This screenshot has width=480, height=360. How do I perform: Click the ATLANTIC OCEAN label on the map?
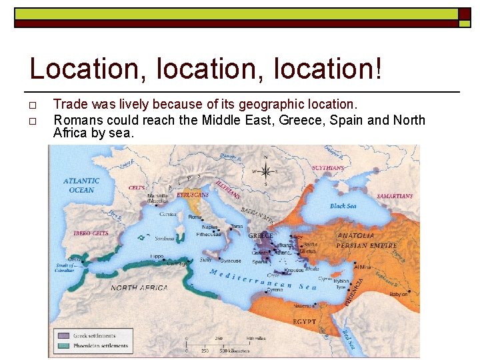[81, 185]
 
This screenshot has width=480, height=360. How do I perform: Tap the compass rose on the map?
[265, 170]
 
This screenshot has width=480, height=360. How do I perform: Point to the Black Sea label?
[343, 206]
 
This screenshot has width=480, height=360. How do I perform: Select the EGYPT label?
[305, 321]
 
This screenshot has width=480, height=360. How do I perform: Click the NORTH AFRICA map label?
[139, 288]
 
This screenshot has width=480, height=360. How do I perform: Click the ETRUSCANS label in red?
[193, 195]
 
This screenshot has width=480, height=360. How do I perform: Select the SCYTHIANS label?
[328, 169]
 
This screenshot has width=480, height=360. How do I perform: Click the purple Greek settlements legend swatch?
[64, 336]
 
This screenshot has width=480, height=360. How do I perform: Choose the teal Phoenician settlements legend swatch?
[64, 345]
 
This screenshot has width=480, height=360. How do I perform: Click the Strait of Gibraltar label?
[65, 269]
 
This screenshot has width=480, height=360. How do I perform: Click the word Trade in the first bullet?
[68, 104]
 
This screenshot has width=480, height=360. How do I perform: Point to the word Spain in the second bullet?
[346, 120]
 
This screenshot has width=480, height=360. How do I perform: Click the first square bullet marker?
[33, 105]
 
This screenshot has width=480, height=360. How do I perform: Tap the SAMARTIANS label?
[395, 197]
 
